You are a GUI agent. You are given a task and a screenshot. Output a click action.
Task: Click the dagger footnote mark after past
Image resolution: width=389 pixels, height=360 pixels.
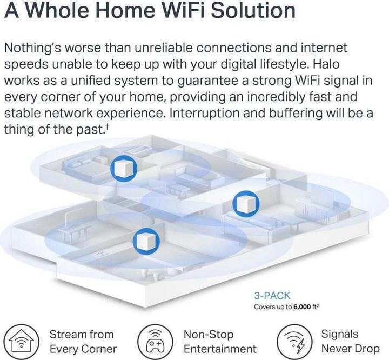coord(107,126)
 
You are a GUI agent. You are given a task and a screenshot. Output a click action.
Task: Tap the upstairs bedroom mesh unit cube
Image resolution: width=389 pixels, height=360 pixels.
coord(124,169)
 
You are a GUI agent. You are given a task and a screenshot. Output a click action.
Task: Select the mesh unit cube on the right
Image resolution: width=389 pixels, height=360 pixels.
coord(246,204)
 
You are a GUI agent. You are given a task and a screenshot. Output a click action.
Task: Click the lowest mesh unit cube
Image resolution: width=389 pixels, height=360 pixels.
coord(146,241)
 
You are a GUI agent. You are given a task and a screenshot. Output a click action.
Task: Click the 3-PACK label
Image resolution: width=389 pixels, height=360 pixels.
coord(272,296)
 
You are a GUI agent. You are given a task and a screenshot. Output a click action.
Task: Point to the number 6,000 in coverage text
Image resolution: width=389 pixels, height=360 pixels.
coord(302,307)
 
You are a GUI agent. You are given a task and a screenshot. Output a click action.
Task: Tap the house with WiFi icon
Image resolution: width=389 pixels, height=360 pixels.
coord(22,342)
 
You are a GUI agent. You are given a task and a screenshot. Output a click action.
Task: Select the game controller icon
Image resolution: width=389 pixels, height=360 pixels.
coord(155,342)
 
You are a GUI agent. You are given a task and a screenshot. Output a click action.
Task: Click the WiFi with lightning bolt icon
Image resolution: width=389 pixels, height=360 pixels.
coord(294,342)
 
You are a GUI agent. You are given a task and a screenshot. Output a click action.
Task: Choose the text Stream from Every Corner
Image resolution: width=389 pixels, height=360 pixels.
coord(83,342)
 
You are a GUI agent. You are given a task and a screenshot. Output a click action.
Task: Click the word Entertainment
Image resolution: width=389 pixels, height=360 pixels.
coord(220,349)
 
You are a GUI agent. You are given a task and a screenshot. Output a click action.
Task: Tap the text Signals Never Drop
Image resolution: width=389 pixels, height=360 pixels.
coord(350,342)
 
